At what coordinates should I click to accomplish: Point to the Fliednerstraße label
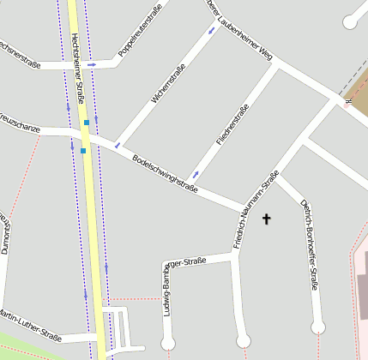232,125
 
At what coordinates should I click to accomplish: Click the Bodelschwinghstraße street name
166,173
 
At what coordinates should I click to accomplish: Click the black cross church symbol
266,219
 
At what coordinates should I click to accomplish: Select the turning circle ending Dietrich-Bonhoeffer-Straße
318,327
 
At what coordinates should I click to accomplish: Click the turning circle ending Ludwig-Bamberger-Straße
167,344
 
